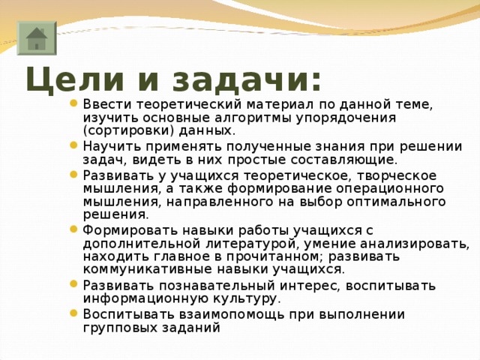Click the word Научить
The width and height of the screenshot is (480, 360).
coord(111,146)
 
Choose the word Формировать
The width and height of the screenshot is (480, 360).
coord(124,230)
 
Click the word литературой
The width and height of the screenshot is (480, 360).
coord(250,244)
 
